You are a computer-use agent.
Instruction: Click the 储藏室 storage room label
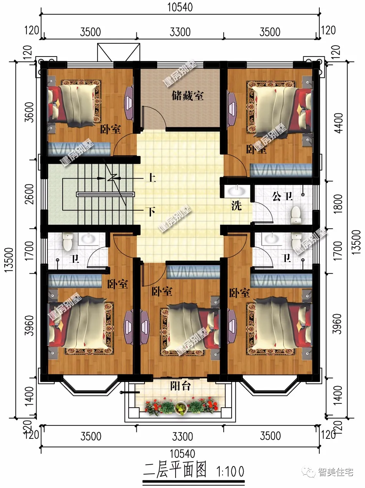click(x=187, y=96)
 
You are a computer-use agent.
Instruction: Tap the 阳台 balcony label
click(x=181, y=385)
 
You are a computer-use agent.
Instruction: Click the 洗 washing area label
click(x=237, y=206)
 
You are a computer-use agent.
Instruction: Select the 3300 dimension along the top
click(x=180, y=32)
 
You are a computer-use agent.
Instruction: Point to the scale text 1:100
click(x=231, y=471)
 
